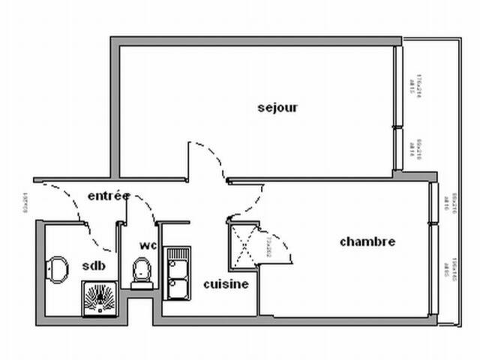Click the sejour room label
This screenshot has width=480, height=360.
[x=277, y=107]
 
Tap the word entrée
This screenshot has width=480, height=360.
[x=109, y=196]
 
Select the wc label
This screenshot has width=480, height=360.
[x=147, y=245]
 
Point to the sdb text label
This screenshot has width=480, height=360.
[x=94, y=265]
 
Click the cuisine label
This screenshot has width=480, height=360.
[x=226, y=284]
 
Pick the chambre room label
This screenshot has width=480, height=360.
[x=367, y=241]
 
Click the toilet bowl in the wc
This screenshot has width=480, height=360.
[x=140, y=269]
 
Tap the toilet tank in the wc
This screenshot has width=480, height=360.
[x=141, y=282]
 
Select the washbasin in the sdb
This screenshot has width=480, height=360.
[x=55, y=269]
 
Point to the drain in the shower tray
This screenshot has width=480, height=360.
[x=100, y=301]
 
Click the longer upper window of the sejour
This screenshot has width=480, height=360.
[x=399, y=87]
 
